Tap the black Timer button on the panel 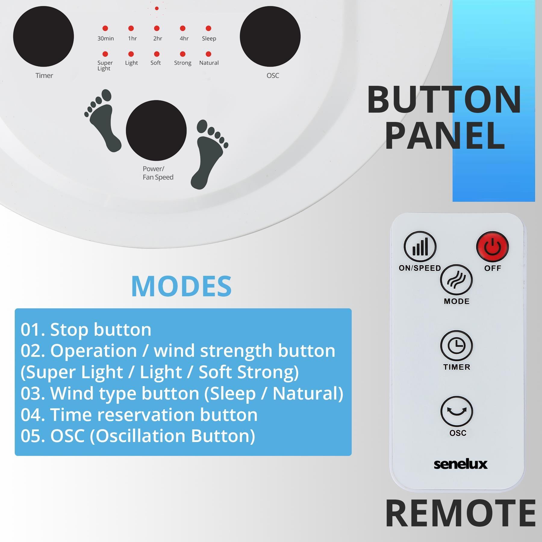pyautogui.click(x=43, y=36)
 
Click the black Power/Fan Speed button pyautogui.click(x=156, y=130)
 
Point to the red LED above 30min pyautogui.click(x=105, y=28)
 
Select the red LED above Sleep pyautogui.click(x=208, y=28)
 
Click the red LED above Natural pyautogui.click(x=208, y=54)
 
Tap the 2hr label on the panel pyautogui.click(x=158, y=39)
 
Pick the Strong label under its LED pyautogui.click(x=183, y=63)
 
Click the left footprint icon pyautogui.click(x=103, y=120)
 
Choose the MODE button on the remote pyautogui.click(x=456, y=280)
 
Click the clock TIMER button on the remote pyautogui.click(x=456, y=346)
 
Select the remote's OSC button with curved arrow pyautogui.click(x=457, y=412)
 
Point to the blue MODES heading pyautogui.click(x=182, y=286)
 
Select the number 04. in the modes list pyautogui.click(x=33, y=415)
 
